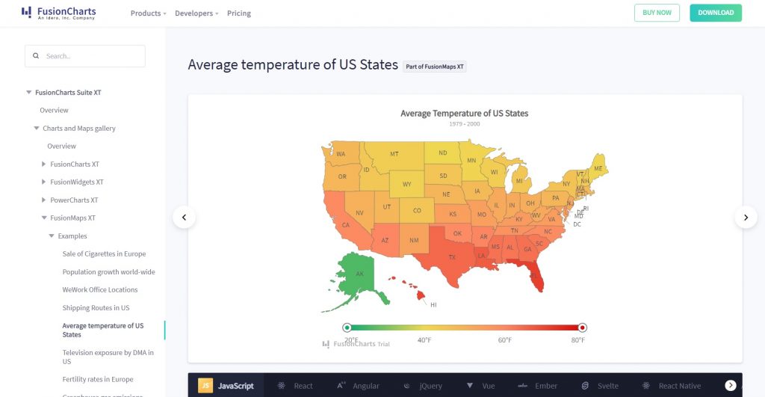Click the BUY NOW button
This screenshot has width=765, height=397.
click(x=657, y=13)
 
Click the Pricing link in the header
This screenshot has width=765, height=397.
click(x=239, y=13)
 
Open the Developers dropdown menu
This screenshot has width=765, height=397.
click(x=196, y=13)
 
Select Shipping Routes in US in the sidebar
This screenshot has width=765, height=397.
click(x=96, y=308)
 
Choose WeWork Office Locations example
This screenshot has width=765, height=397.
click(x=99, y=290)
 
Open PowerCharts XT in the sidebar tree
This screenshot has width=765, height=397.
click(x=74, y=200)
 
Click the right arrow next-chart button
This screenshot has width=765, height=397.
click(x=746, y=218)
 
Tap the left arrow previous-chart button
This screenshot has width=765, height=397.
click(x=184, y=218)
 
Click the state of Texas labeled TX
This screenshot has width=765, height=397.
click(x=451, y=256)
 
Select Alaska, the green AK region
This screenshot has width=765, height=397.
click(x=359, y=274)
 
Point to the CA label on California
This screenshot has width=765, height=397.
click(x=345, y=225)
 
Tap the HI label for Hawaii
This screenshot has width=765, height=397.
click(x=433, y=305)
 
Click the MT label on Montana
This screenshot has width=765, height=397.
click(x=394, y=154)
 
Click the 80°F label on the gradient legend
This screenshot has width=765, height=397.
click(x=578, y=340)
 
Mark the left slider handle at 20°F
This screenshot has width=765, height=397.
click(x=347, y=327)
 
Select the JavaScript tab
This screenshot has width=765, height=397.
click(x=226, y=386)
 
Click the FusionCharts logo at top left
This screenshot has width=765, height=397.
click(x=58, y=13)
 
